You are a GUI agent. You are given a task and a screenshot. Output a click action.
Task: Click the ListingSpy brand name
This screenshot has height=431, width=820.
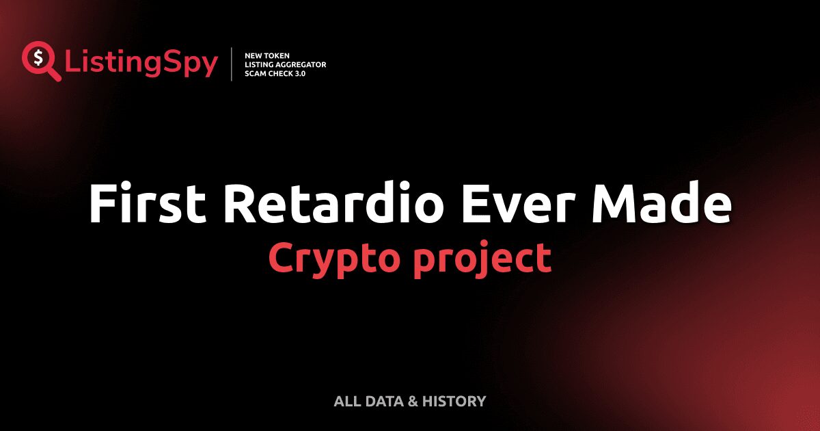[x=141, y=64]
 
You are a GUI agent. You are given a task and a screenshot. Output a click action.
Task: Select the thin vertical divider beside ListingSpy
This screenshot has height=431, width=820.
[x=232, y=64]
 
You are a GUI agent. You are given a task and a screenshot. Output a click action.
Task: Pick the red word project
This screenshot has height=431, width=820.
[x=482, y=259]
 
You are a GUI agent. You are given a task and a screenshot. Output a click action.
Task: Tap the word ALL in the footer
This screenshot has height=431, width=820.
[x=346, y=401]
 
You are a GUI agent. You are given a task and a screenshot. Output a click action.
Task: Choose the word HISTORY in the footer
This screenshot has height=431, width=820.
[x=454, y=401]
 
